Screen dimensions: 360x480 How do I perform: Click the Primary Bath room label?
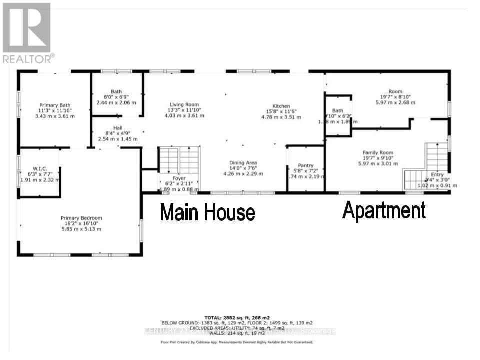55,105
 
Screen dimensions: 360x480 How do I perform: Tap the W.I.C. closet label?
40,168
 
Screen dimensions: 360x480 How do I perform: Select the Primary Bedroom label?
81,218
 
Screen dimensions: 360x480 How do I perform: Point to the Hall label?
117,128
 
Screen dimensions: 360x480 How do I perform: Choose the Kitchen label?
281,106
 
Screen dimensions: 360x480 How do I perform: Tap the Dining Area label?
243,163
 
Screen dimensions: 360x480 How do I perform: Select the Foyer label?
179,178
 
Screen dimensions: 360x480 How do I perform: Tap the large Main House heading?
207,212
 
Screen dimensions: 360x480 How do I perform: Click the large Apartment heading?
384,210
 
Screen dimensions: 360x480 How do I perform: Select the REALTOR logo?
27,33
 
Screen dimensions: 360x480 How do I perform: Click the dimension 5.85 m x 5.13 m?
81,229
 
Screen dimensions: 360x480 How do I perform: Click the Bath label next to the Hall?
116,91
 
